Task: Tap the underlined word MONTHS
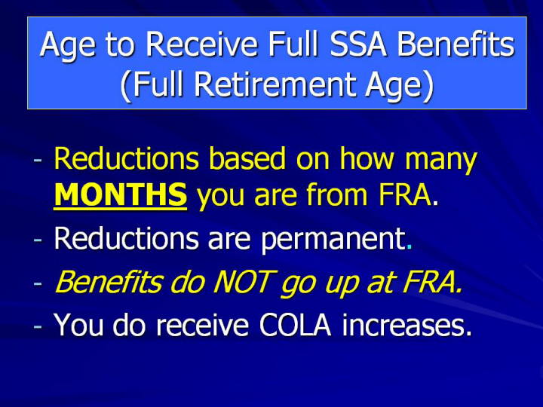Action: (x=121, y=195)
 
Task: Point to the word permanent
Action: (x=333, y=240)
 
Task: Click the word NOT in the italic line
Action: (x=244, y=282)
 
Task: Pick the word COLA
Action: (x=296, y=325)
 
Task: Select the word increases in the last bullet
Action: (x=406, y=325)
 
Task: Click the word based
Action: (x=247, y=158)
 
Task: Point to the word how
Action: (x=367, y=158)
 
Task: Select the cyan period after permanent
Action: (x=410, y=247)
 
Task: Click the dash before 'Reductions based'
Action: (x=38, y=161)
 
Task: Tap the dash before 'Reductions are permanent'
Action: (x=38, y=240)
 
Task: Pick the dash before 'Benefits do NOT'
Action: (x=38, y=283)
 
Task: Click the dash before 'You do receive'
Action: (x=38, y=326)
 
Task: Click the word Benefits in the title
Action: (x=456, y=44)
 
